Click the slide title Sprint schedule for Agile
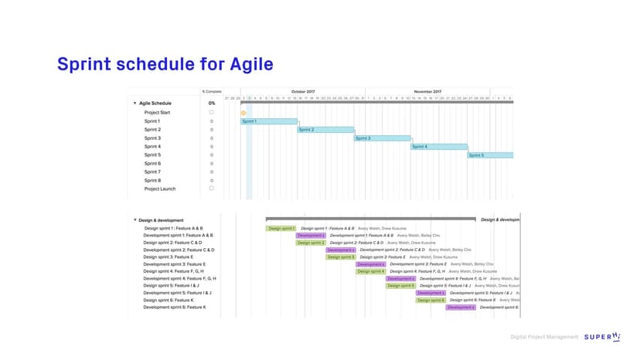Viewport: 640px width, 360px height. point(165,63)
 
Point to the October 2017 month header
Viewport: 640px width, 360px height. point(303,91)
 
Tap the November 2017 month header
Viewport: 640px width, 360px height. point(427,91)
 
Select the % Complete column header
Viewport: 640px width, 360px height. point(212,91)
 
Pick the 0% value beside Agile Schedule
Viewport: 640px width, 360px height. point(212,103)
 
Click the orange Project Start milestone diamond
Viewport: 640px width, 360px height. point(243,113)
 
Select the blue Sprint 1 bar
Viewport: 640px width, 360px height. point(269,121)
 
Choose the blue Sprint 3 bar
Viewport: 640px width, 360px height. point(382,138)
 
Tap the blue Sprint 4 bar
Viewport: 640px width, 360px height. point(439,147)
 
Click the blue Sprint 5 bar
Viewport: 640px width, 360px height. point(490,155)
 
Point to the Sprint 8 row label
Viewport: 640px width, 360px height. point(152,180)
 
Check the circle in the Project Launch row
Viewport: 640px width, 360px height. point(212,188)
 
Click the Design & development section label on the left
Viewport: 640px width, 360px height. point(161,220)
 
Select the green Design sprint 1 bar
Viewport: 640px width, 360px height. point(281,229)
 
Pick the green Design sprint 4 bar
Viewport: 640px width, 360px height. point(371,271)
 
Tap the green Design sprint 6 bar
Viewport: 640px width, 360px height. point(431,301)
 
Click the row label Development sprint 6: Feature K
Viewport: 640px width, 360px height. point(175,307)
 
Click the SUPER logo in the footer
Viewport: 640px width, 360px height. point(601,337)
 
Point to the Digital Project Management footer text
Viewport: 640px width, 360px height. point(544,338)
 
